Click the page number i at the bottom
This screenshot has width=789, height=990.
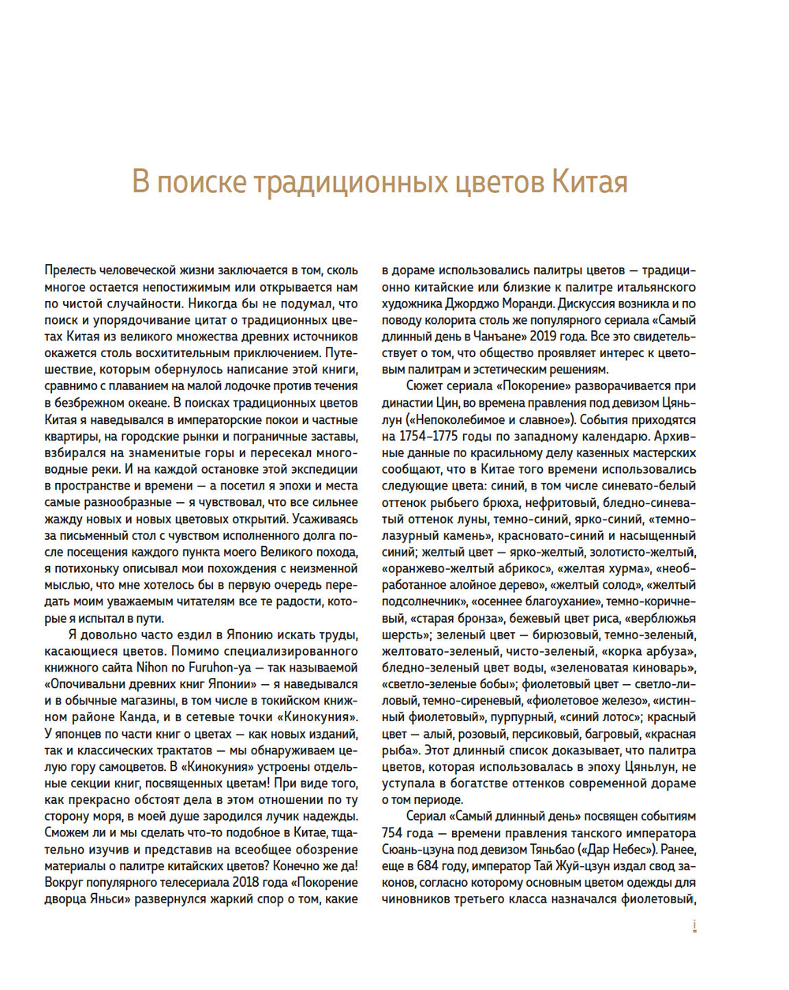[694, 927]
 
